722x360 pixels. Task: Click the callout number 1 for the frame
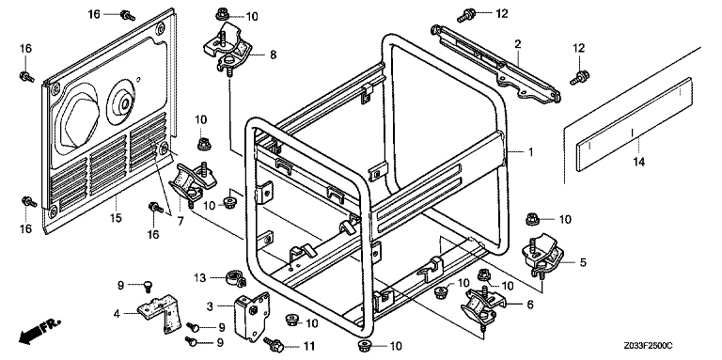pos(530,151)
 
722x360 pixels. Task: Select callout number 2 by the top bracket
pos(518,44)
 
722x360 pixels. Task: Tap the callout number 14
pos(638,162)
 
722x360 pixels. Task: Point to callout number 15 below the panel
pos(116,217)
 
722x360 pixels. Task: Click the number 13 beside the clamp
pos(199,277)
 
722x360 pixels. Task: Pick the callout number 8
pos(273,55)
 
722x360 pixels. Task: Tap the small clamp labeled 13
pos(234,278)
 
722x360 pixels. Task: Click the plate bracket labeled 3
pos(251,317)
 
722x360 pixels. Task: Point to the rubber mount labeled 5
pos(542,257)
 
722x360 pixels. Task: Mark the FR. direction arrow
pos(39,332)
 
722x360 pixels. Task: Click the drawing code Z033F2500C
pos(651,345)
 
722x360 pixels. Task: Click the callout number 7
pos(180,221)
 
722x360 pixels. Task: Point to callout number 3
pos(210,305)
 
